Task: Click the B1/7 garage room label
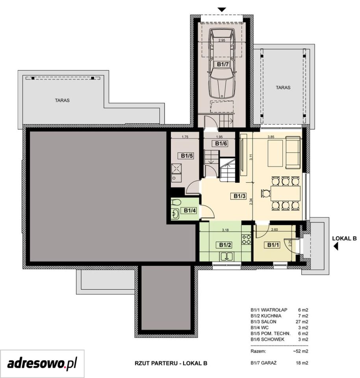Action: tap(223, 64)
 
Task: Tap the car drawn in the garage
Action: tap(222, 64)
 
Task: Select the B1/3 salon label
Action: tap(239, 196)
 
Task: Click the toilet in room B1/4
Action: tap(176, 202)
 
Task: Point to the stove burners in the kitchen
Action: tap(247, 239)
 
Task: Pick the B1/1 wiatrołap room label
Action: tap(273, 245)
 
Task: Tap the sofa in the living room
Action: tap(293, 152)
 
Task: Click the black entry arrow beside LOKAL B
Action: tap(336, 246)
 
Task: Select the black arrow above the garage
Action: tap(222, 9)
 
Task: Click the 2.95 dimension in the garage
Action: tap(222, 40)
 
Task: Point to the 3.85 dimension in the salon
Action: tap(271, 137)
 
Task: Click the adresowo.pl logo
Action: tap(42, 363)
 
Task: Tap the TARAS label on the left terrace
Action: tap(62, 100)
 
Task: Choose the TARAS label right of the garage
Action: tap(283, 87)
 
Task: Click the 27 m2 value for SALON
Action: tap(302, 322)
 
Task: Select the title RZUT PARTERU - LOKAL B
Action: tap(171, 363)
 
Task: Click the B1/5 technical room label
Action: tap(187, 156)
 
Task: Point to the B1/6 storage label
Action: tap(221, 143)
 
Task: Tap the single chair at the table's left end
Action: tap(265, 193)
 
